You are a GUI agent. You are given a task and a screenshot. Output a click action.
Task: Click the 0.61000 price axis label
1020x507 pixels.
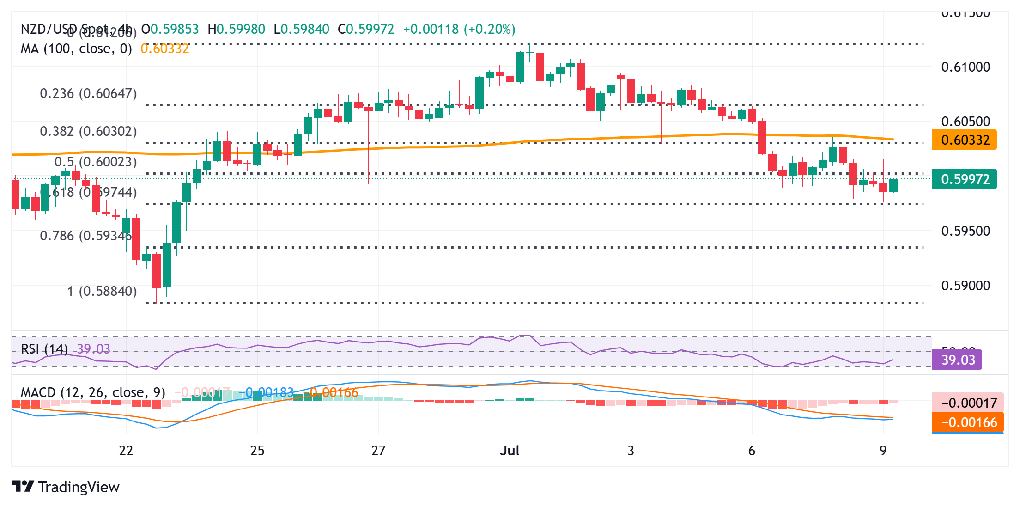pos(965,67)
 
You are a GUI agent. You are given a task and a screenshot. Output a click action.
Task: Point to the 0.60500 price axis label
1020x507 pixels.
pos(965,122)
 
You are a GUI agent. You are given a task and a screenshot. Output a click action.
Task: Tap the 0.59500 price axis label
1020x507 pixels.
pos(965,231)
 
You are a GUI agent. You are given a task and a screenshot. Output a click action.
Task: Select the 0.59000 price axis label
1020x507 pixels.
pos(965,286)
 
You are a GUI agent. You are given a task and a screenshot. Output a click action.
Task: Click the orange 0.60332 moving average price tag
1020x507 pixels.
pos(965,140)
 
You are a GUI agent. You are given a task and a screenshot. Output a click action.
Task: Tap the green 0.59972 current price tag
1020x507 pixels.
pos(965,179)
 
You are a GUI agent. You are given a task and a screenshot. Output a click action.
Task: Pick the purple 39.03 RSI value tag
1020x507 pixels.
pos(958,360)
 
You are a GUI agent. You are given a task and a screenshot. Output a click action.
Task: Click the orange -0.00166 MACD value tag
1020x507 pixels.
pos(968,422)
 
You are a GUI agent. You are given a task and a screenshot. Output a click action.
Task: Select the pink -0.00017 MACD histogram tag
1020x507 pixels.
pos(968,403)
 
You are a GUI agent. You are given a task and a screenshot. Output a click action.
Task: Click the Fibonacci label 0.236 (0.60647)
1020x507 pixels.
pos(88,94)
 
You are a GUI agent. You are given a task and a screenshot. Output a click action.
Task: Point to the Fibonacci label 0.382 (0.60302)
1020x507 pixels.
pos(88,132)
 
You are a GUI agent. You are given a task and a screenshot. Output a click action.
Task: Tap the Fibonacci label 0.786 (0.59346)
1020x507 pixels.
pos(86,236)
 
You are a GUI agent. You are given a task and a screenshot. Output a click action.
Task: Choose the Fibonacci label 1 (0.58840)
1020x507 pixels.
pos(102,292)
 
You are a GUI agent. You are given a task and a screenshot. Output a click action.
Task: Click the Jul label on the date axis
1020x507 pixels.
pos(510,451)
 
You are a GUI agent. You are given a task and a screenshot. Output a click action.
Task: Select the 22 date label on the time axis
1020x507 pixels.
pos(126,451)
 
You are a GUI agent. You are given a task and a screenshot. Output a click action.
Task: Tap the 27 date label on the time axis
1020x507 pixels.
pos(378,451)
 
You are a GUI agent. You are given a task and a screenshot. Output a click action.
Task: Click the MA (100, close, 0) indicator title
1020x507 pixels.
pos(76,49)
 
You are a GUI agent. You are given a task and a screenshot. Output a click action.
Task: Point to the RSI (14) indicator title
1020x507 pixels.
pos(44,349)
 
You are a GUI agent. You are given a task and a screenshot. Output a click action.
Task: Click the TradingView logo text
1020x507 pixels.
pos(79,487)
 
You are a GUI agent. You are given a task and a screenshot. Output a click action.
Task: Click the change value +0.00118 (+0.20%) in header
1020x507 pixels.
pos(459,30)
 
